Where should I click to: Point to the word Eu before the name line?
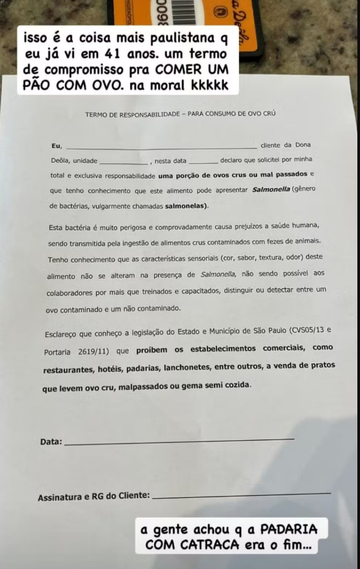coord(56,145)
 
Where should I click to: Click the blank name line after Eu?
coord(161,147)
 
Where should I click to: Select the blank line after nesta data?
coord(203,162)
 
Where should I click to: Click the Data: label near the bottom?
coord(51,442)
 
